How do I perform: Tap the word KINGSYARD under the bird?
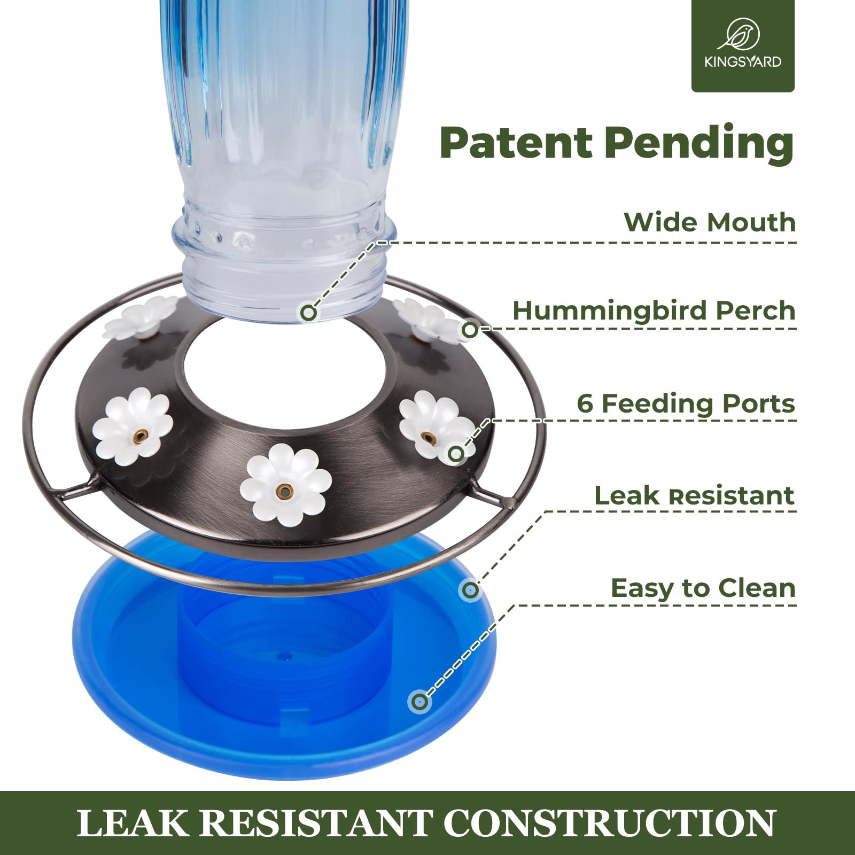pos(743,61)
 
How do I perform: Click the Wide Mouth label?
pos(710,222)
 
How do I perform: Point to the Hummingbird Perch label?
pos(654,311)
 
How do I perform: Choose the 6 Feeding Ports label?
pos(686,403)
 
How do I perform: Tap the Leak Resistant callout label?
pos(695,496)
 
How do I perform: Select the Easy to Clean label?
pos(703,588)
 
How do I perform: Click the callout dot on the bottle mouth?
pos(308,312)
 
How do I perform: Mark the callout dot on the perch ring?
pos(470,330)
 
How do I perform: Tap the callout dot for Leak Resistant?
pos(470,590)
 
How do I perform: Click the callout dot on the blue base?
pos(420,701)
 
